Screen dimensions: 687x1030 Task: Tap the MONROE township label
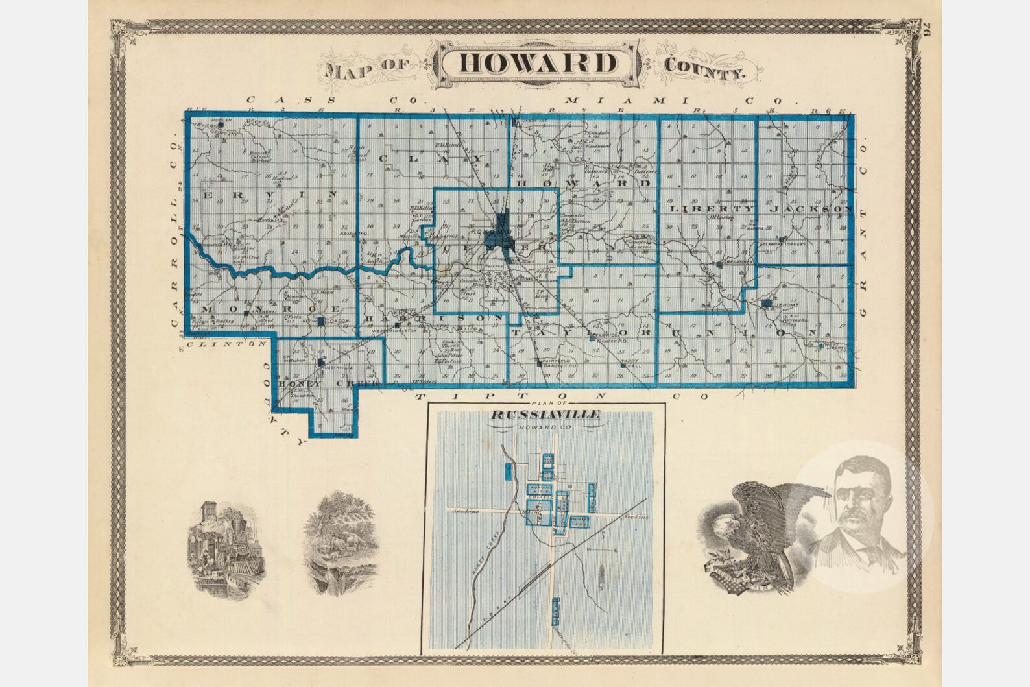[x=271, y=308]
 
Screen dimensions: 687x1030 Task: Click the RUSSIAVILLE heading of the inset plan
[x=544, y=415]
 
